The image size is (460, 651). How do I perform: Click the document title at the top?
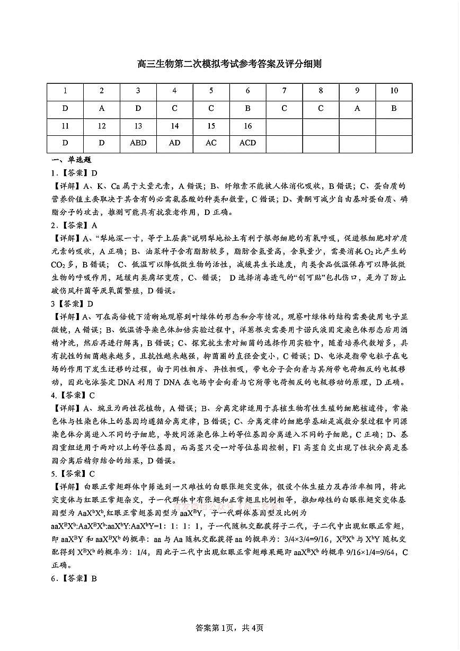pyautogui.click(x=229, y=64)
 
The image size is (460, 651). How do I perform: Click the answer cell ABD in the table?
pyautogui.click(x=138, y=143)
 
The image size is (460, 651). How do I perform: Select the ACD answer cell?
pyautogui.click(x=247, y=143)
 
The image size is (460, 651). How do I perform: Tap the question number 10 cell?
pyautogui.click(x=394, y=91)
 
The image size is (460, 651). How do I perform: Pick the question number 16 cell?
pyautogui.click(x=247, y=126)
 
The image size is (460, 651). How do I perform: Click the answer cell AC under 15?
pyautogui.click(x=211, y=143)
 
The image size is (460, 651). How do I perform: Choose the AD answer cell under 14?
pyautogui.click(x=174, y=143)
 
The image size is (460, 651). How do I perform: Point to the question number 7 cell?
pyautogui.click(x=284, y=91)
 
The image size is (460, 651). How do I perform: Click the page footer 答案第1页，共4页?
pyautogui.click(x=229, y=628)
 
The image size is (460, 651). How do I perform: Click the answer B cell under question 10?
pyautogui.click(x=394, y=108)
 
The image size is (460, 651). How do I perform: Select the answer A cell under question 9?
pyautogui.click(x=357, y=108)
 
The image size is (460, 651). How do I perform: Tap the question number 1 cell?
pyautogui.click(x=65, y=91)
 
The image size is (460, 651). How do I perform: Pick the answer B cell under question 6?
pyautogui.click(x=247, y=108)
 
